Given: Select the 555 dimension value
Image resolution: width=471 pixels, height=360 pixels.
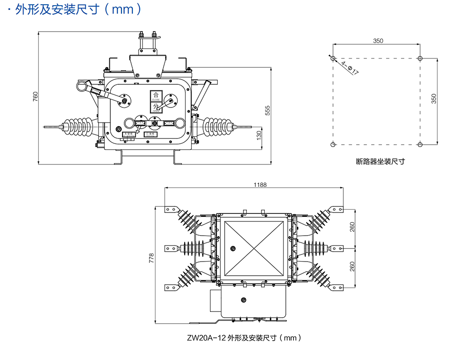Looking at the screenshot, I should pos(268,110).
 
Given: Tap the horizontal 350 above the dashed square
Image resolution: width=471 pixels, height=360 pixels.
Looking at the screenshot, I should pos(378,41).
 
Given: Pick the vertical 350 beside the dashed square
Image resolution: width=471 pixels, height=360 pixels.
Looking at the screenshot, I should pos(434,98).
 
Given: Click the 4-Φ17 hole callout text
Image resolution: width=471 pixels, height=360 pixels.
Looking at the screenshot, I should pos(349,67).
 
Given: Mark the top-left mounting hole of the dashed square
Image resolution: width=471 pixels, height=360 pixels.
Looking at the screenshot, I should pos(333,58).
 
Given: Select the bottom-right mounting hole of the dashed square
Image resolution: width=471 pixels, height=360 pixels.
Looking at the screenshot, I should pos(420,144).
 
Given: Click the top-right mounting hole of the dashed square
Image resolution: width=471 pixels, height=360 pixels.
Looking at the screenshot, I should pos(420,58).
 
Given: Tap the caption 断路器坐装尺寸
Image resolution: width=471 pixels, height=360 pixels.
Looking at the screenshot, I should pos(381,161).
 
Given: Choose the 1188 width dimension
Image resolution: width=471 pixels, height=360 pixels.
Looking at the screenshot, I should pos(259,185).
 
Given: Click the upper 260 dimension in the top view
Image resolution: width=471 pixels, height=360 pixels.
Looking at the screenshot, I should pos(353,228).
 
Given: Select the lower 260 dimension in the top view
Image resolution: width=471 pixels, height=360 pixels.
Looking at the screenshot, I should pos(353,267).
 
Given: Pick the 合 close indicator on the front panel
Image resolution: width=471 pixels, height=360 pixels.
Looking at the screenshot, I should pos(156,96).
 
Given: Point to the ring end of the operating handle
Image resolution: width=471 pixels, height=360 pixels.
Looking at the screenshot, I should pos(83,86).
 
